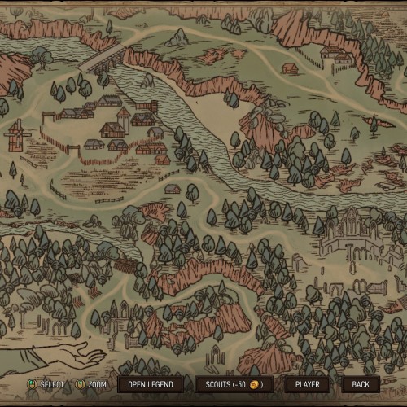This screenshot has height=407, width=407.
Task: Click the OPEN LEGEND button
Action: click(150, 384)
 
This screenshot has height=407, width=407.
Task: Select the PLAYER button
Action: click(307, 384)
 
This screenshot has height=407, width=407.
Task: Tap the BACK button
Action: click(361, 384)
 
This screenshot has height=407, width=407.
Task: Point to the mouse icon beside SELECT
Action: click(33, 384)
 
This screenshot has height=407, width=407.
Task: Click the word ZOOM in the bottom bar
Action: click(97, 384)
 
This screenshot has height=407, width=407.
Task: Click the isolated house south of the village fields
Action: click(172, 189)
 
